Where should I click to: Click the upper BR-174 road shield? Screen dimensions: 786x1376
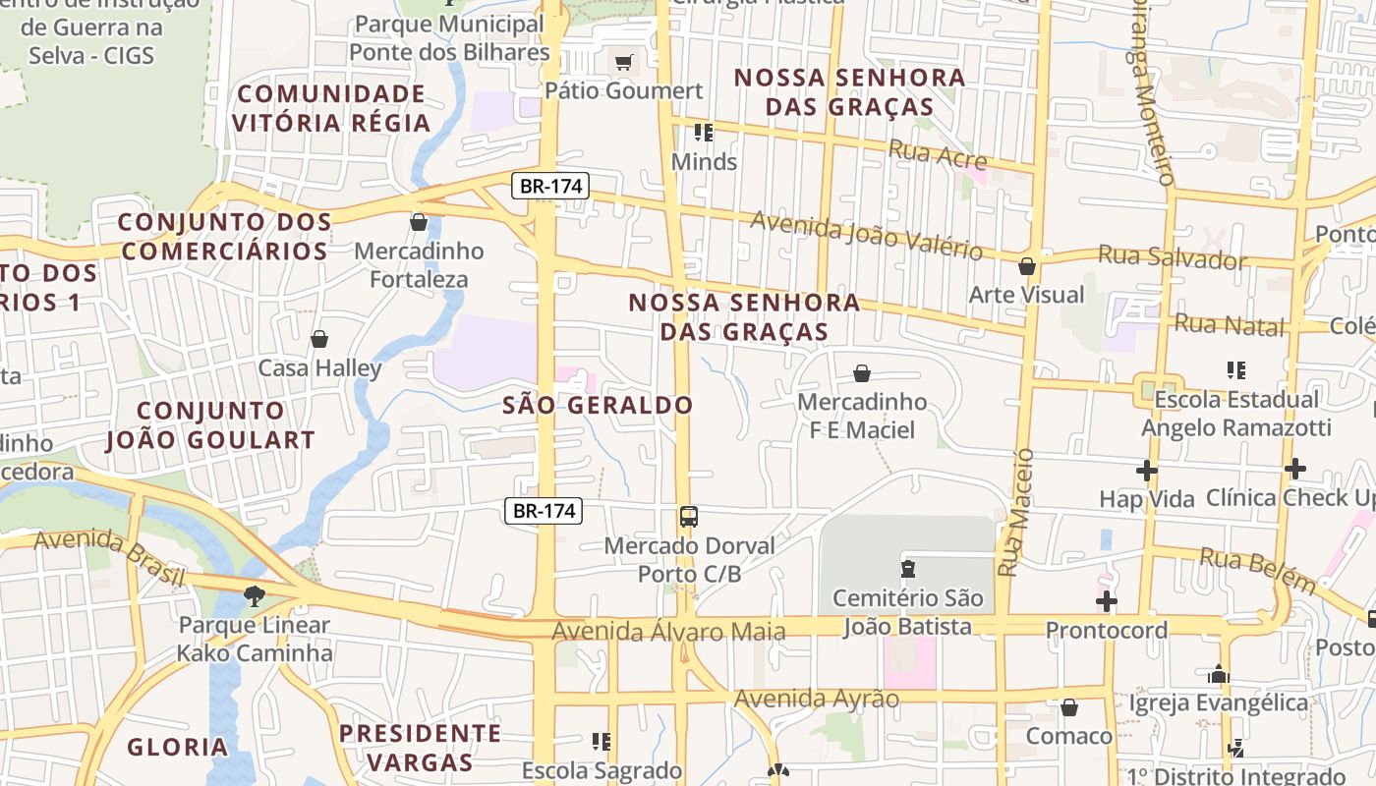549,186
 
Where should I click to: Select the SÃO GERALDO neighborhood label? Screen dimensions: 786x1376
598,405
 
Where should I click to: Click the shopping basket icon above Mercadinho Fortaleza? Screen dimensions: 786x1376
419,222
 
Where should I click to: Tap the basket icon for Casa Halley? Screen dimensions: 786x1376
319,339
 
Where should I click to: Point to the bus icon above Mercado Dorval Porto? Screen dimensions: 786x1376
689,516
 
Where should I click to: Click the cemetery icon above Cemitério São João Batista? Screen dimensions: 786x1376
908,568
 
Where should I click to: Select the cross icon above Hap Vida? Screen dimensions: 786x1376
1146,470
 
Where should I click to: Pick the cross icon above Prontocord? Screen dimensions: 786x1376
1107,600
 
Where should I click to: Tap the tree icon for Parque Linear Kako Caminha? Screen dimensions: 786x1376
255,594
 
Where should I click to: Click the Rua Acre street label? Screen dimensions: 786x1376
936,154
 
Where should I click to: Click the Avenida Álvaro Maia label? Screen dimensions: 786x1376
668,631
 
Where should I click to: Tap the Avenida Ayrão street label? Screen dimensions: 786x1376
817,699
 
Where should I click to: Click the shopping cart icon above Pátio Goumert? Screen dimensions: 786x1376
623,63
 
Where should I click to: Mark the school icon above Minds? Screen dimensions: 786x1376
704,132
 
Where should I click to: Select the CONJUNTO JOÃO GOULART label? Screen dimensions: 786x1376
210,425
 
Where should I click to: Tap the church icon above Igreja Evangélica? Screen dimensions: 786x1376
1219,674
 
